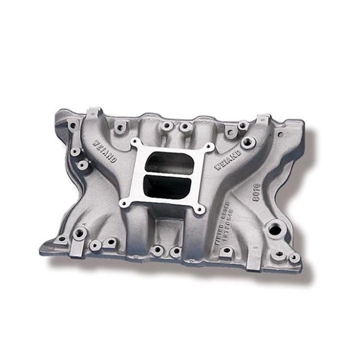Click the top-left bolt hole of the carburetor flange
point(136,142)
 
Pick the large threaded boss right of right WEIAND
point(247,143)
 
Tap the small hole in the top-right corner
point(281,135)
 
